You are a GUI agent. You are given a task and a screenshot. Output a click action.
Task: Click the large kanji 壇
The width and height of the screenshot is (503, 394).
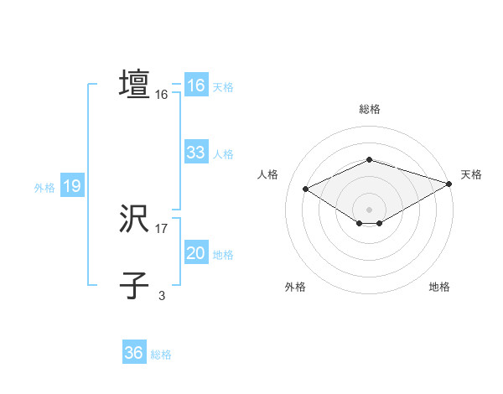tap(134, 84)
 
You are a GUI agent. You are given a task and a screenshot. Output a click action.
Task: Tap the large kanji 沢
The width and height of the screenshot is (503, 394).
tap(134, 220)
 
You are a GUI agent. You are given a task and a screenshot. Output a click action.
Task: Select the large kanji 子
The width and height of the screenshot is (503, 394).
tap(134, 285)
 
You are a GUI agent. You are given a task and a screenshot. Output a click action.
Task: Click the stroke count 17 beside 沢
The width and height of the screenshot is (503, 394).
tap(162, 229)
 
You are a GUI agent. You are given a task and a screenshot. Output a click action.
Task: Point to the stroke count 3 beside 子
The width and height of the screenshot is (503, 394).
tap(162, 295)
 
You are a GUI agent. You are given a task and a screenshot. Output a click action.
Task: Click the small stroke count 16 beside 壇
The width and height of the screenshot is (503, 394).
tap(162, 96)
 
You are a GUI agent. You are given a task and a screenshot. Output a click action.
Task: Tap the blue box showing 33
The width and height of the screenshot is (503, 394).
tap(195, 153)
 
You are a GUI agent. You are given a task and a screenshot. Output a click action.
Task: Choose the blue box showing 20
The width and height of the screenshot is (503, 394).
tap(195, 253)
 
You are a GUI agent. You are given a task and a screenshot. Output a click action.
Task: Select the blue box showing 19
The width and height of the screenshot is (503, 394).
tap(72, 186)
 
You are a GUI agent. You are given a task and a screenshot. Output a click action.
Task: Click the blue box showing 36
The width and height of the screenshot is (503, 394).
tap(133, 353)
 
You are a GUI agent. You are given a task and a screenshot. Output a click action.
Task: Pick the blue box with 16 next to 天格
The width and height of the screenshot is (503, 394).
tap(195, 86)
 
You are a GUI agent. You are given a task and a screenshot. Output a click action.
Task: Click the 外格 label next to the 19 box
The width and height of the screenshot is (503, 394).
tap(44, 188)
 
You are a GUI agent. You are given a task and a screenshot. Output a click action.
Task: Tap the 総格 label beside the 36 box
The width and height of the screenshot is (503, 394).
tap(161, 355)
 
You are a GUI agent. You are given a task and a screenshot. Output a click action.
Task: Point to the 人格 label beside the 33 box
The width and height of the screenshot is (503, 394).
tap(223, 154)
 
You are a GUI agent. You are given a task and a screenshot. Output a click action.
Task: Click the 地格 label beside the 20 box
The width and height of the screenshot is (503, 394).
tap(223, 255)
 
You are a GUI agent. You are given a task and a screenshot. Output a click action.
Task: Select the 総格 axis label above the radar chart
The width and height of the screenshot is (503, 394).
tap(369, 109)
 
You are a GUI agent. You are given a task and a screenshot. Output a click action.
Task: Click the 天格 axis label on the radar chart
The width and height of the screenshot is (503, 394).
tap(471, 174)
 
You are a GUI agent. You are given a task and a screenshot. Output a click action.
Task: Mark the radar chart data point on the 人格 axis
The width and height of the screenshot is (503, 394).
tap(306, 188)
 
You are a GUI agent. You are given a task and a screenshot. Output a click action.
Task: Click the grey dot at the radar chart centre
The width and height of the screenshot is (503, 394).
tap(369, 209)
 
